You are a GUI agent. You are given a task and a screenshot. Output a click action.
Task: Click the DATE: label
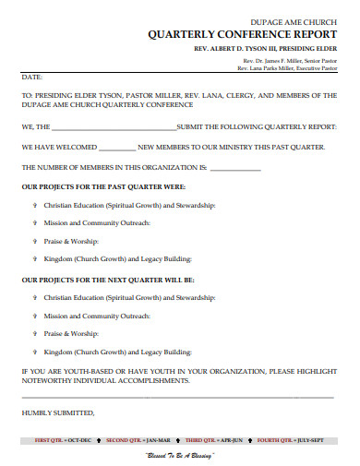coord(32,78)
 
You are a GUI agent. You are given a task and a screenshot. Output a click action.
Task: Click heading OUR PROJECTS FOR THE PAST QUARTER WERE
coord(95,186)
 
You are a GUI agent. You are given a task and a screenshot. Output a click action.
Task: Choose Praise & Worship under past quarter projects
coord(71,242)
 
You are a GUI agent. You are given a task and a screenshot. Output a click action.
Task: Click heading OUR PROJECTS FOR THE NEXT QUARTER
coord(95,278)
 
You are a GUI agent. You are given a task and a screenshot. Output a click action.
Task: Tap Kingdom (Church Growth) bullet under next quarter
coord(121,352)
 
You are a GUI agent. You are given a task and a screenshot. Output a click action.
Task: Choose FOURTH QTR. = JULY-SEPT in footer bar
coord(298,442)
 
